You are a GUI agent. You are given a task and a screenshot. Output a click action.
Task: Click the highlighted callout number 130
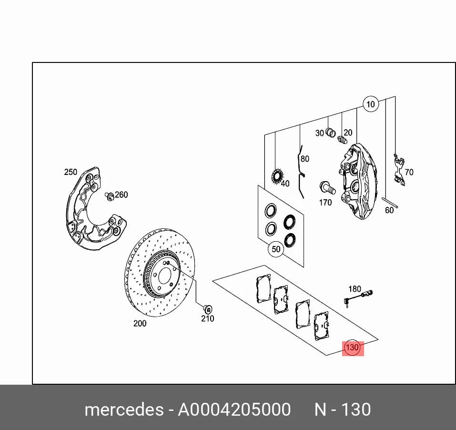click(x=353, y=348)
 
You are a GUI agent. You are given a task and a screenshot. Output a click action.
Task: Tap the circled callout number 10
click(x=371, y=104)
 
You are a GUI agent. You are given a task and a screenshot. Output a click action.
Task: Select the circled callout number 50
click(x=276, y=249)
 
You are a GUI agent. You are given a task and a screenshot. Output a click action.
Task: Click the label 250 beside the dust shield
click(x=71, y=172)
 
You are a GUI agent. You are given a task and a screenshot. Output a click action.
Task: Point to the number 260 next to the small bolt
click(x=122, y=195)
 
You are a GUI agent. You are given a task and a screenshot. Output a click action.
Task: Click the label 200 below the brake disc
click(x=140, y=323)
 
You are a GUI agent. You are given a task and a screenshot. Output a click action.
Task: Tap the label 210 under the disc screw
click(x=208, y=318)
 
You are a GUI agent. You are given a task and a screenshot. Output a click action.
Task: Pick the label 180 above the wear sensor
click(x=355, y=289)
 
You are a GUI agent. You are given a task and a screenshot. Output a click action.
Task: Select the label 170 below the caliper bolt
click(x=325, y=203)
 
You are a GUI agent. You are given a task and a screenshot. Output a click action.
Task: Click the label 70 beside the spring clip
click(x=409, y=172)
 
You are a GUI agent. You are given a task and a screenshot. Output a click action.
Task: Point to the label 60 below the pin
click(x=389, y=210)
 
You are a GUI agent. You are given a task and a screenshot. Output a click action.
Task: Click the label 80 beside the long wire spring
click(x=305, y=159)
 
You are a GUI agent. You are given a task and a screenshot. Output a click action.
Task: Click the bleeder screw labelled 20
click(x=343, y=140)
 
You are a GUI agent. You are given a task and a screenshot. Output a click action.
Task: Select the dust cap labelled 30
click(x=330, y=133)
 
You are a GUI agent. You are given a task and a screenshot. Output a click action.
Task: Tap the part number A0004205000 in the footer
click(x=234, y=410)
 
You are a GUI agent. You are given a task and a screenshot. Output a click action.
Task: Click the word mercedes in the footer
click(x=124, y=410)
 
